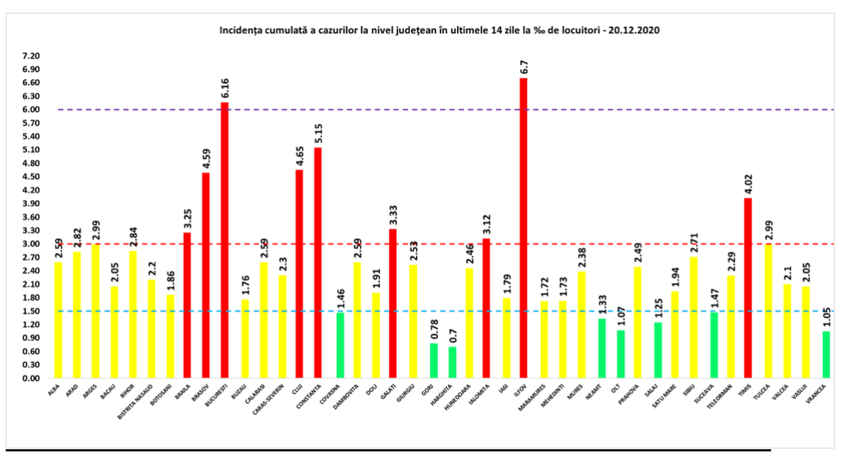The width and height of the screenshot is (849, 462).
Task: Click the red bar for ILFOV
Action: coord(524,228)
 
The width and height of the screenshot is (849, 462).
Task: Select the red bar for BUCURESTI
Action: coord(225,241)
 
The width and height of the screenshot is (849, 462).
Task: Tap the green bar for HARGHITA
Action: coord(453,362)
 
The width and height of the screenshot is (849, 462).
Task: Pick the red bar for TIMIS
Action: coord(748,288)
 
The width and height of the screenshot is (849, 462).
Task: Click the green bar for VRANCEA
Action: coord(826,354)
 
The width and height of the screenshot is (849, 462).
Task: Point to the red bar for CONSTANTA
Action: coord(318,262)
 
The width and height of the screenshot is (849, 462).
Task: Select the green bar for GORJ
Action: coord(434,361)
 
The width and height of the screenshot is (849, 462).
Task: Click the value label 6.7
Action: coord(524,67)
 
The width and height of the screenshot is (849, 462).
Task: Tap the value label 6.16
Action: coord(225,88)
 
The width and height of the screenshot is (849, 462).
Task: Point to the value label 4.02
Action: coord(748,185)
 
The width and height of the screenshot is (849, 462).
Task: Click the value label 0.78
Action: coord(434,331)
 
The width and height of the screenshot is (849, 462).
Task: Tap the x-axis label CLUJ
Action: coord(299,388)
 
